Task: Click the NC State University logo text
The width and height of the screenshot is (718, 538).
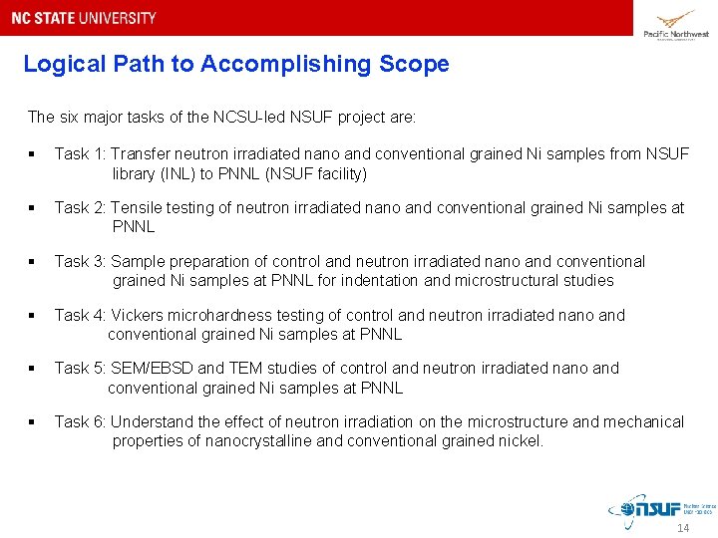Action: point(84,18)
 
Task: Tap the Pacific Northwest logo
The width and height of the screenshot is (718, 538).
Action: point(675,24)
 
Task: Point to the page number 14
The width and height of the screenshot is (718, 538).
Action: point(683,528)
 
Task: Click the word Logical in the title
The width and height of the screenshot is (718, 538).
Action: point(61,65)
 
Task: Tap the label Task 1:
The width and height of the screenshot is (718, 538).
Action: point(80,154)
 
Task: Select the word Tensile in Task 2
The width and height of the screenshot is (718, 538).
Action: point(138,208)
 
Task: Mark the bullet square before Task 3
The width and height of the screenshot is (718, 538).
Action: point(33,262)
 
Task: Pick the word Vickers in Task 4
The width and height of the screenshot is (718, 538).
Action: point(138,316)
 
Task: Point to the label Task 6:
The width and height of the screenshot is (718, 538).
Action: point(80,422)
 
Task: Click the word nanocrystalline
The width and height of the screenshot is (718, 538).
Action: point(262,441)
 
